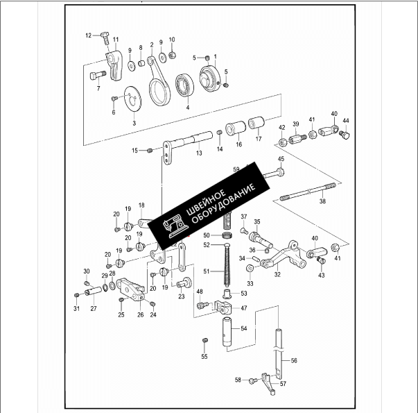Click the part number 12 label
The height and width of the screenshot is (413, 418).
89,35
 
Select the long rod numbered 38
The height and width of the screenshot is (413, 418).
308,192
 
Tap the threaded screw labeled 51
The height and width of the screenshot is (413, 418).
226,269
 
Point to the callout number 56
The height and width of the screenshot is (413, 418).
294,361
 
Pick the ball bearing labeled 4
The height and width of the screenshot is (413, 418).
186,86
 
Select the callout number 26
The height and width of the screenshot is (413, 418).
140,314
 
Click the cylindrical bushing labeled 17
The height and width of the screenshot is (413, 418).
257,125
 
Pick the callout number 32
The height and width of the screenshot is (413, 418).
277,274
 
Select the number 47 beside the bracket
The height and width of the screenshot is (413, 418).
243,307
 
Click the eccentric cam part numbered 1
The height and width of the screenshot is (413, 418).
209,75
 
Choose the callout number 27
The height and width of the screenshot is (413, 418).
94,308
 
